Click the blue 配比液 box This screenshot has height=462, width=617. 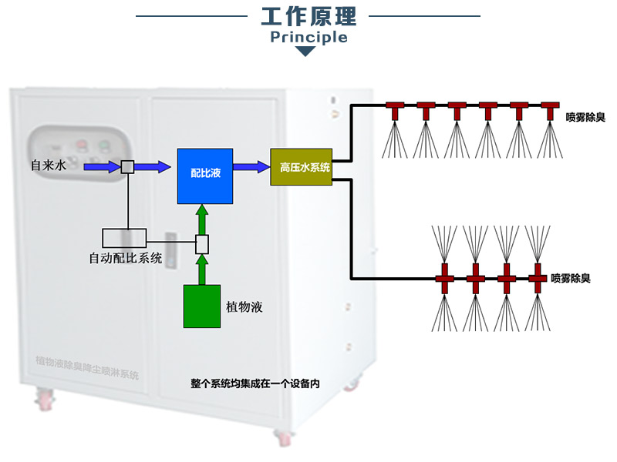point(205,176)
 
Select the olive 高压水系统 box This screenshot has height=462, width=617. point(301,167)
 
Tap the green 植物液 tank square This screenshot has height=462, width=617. point(202,306)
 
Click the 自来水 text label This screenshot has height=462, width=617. point(46,166)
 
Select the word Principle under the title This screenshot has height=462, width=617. point(307,37)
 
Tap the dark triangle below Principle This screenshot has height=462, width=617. point(306,52)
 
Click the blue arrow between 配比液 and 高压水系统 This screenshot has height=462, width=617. point(252,166)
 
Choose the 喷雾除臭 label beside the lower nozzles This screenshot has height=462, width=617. point(571,277)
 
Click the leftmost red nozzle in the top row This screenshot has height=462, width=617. point(396,109)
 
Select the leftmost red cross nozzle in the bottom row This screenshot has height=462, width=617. point(445,276)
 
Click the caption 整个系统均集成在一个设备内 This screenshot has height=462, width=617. point(255,382)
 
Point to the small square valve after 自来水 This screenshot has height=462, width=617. point(128,166)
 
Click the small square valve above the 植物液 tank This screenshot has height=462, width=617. point(202,245)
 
